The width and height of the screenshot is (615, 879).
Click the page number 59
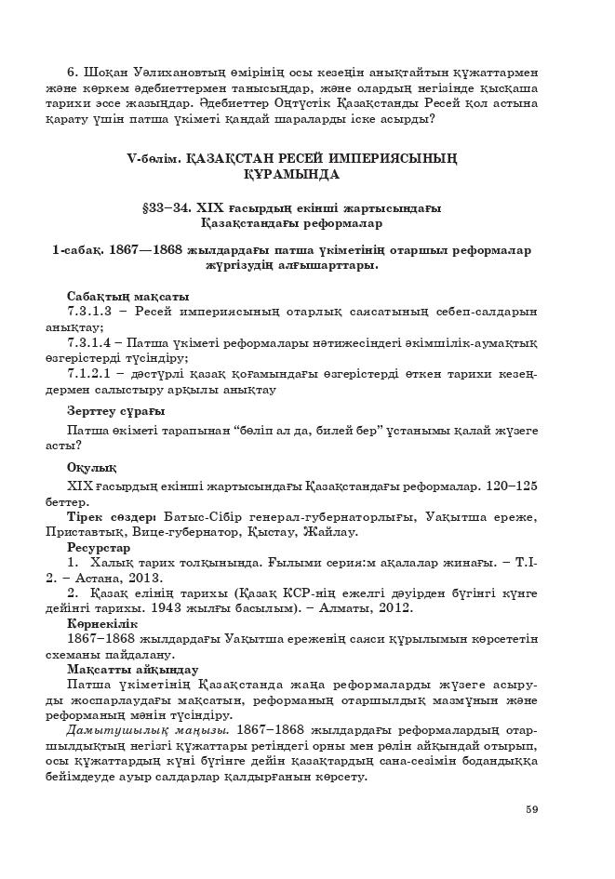[x=531, y=808]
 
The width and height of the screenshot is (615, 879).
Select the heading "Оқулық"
[x=91, y=467]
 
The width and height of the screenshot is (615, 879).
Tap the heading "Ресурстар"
[x=99, y=548]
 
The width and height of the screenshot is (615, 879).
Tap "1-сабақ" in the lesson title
[x=78, y=250]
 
